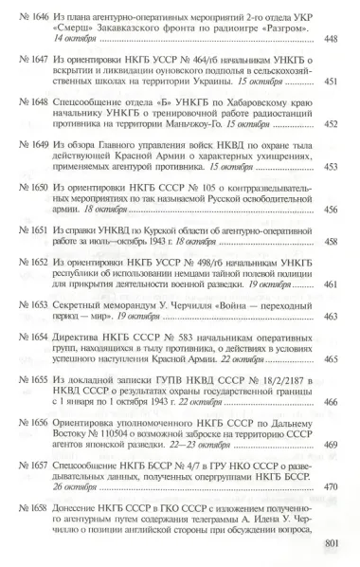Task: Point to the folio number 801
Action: coord(329,543)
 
